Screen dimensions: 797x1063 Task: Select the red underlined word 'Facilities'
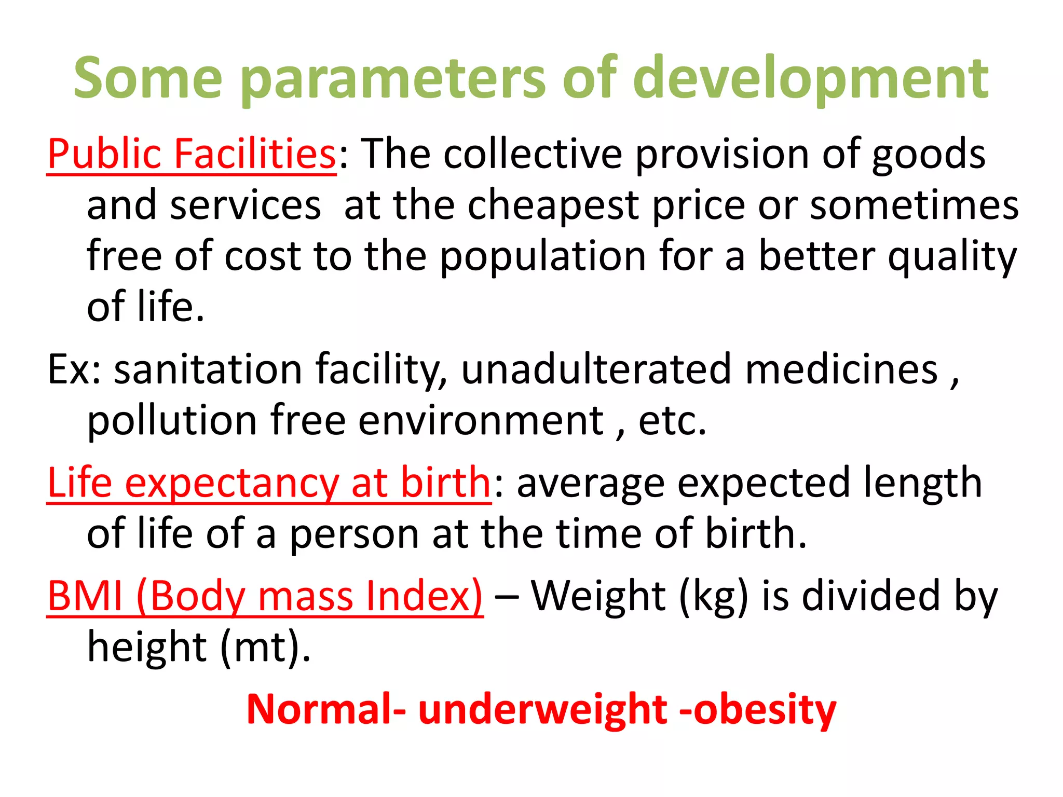click(255, 154)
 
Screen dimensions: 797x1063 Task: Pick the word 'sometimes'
click(914, 206)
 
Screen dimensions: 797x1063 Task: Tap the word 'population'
click(543, 257)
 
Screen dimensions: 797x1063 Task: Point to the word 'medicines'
click(841, 369)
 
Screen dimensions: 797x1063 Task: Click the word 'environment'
click(481, 420)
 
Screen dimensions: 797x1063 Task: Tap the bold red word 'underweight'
click(542, 710)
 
